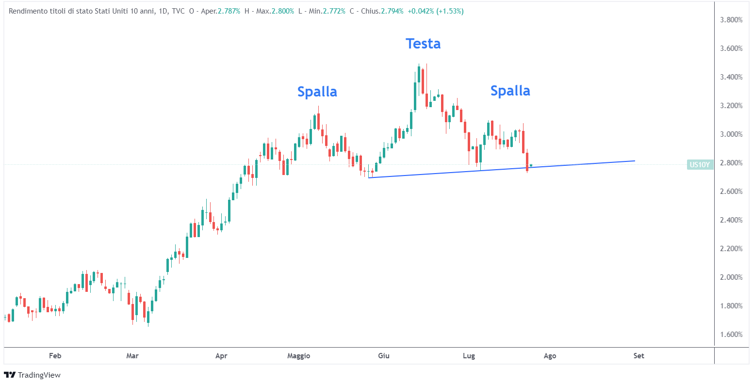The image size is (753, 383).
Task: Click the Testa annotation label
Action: pyautogui.click(x=423, y=44)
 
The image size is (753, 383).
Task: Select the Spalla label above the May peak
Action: pyautogui.click(x=317, y=92)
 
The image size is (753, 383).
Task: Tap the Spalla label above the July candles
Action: pyautogui.click(x=510, y=91)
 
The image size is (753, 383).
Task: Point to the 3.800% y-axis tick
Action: pyautogui.click(x=731, y=20)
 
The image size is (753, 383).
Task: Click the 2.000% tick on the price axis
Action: pyautogui.click(x=731, y=277)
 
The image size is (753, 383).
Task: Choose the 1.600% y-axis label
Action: pyautogui.click(x=731, y=335)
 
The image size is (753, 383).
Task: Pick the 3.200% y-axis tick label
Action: pyautogui.click(x=731, y=106)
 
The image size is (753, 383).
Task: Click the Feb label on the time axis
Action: pyautogui.click(x=55, y=356)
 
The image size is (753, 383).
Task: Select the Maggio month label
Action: pyautogui.click(x=298, y=356)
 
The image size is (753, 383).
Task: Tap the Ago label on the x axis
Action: pyautogui.click(x=550, y=356)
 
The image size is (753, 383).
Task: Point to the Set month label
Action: pyautogui.click(x=638, y=356)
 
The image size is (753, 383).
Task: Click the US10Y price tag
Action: pyautogui.click(x=700, y=165)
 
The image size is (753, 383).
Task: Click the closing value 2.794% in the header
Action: pyautogui.click(x=392, y=11)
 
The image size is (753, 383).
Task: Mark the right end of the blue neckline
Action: pyautogui.click(x=635, y=160)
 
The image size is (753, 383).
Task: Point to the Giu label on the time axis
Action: pyautogui.click(x=384, y=356)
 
